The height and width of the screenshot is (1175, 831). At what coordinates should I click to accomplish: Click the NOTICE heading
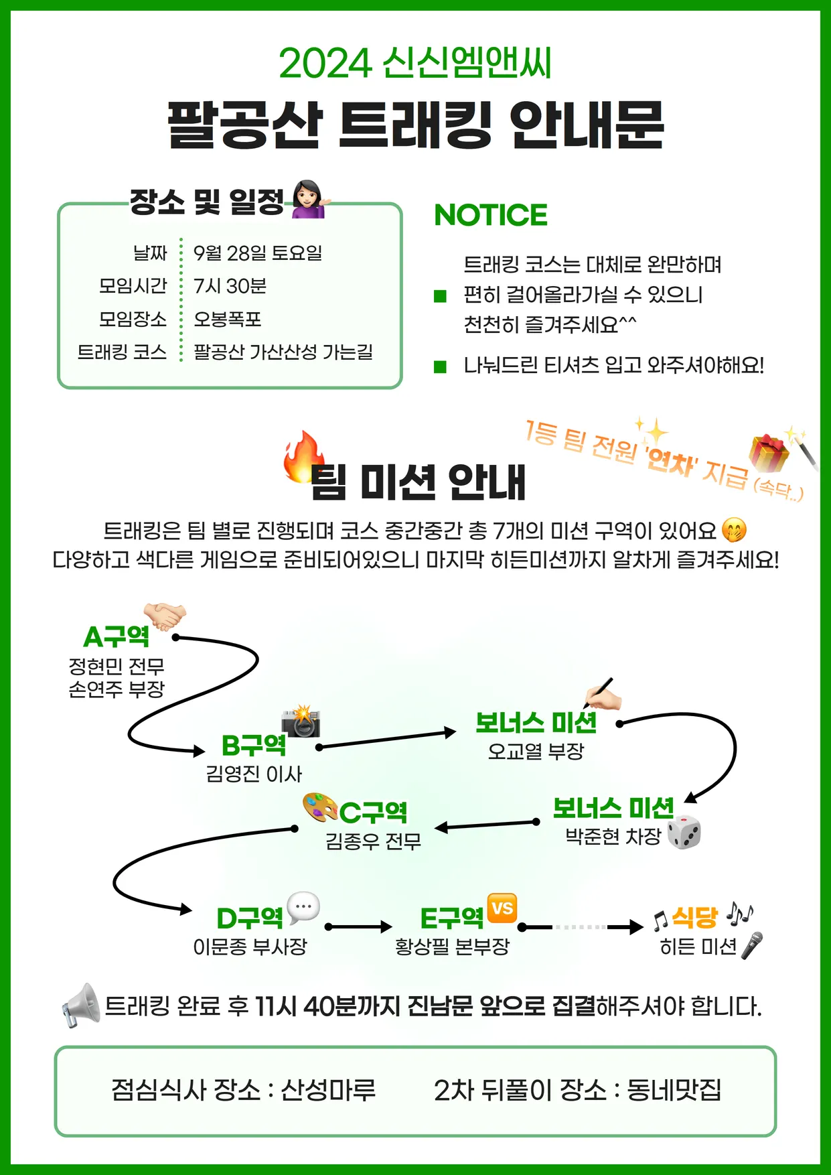click(x=490, y=215)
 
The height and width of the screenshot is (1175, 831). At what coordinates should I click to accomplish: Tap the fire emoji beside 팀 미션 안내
click(x=303, y=456)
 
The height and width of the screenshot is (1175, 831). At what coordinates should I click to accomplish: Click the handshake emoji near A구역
click(x=165, y=616)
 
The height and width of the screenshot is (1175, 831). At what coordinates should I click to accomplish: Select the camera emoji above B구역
click(x=301, y=721)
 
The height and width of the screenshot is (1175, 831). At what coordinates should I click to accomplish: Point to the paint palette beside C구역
click(x=320, y=807)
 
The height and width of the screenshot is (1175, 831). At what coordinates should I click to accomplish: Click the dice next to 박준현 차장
click(x=684, y=833)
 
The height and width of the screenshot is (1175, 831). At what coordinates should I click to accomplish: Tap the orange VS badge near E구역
click(x=502, y=908)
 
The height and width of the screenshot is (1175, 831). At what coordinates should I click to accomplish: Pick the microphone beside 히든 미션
click(x=752, y=945)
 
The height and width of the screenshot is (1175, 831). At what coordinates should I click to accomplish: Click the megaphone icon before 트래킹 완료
click(x=80, y=1006)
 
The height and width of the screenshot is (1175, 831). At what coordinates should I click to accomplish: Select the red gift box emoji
click(x=769, y=453)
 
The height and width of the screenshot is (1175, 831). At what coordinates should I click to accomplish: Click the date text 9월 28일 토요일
click(x=258, y=253)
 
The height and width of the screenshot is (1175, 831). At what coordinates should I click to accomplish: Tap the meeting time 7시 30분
click(x=230, y=286)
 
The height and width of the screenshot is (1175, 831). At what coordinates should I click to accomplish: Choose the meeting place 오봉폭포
click(x=227, y=319)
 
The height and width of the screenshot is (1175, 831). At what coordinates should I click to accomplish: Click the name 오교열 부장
click(x=536, y=751)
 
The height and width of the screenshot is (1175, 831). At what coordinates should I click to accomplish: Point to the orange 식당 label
click(x=694, y=917)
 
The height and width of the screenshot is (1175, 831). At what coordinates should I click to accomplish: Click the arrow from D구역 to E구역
click(x=358, y=927)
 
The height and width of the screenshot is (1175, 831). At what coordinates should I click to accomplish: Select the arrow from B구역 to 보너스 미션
click(x=386, y=739)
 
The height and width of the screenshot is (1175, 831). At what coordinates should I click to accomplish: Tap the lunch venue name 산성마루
click(x=328, y=1090)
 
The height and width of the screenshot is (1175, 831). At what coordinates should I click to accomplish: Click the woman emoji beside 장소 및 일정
click(x=308, y=199)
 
